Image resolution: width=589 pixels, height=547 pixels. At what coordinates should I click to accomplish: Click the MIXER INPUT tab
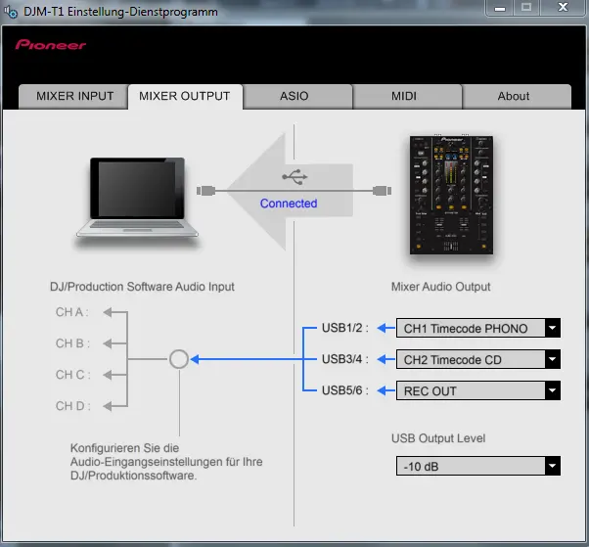click(75, 96)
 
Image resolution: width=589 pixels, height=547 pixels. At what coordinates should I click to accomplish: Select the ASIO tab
click(294, 96)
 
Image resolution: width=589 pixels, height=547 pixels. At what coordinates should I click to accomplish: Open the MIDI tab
click(404, 96)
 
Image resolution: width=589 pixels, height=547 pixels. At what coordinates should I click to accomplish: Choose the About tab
click(514, 96)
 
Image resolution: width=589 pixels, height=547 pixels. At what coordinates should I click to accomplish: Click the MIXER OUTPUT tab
click(185, 96)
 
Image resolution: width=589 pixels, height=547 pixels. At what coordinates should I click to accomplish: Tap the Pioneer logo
click(51, 45)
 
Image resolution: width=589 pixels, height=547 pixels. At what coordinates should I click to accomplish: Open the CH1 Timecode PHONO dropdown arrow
click(553, 329)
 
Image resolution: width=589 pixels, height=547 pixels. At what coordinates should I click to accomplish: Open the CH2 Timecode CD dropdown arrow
click(553, 360)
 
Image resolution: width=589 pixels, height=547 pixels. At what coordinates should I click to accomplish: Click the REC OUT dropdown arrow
click(553, 391)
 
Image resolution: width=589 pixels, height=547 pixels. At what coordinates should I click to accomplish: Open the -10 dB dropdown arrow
click(553, 467)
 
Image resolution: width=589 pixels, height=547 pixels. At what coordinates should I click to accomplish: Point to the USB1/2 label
click(344, 329)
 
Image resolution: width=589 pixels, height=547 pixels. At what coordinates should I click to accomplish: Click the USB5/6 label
click(344, 390)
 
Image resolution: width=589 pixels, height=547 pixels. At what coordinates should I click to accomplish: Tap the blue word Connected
click(289, 204)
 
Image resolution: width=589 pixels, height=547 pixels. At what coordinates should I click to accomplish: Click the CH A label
click(71, 312)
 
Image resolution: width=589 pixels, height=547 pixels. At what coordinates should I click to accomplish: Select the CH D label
click(71, 405)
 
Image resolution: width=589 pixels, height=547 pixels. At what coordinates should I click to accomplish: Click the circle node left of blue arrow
click(178, 359)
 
